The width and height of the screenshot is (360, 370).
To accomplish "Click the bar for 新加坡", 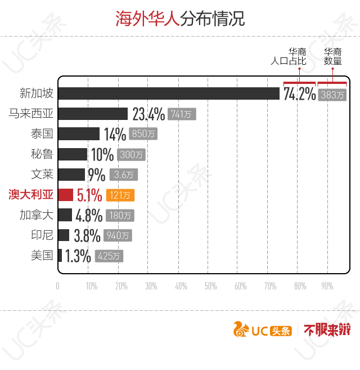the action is click(x=169, y=93).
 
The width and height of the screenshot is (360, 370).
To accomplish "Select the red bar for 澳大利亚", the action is click(x=66, y=195).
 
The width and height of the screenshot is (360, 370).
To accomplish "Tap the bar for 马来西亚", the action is click(x=93, y=114).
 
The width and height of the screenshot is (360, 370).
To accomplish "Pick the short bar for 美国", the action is click(x=60, y=256).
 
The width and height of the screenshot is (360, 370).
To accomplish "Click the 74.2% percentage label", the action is click(x=299, y=93).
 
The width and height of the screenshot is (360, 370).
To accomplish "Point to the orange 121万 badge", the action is click(x=120, y=195).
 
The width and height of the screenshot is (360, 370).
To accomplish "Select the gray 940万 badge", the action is click(x=118, y=235).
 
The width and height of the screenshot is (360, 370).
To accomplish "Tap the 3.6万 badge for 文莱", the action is click(x=124, y=175).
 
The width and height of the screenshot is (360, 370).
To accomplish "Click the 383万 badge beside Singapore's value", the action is click(x=332, y=95).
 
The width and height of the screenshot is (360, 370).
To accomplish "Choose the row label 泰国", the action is click(x=42, y=133).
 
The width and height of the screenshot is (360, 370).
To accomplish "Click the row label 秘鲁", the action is click(x=42, y=154).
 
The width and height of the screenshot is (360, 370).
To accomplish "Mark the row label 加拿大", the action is click(x=37, y=215).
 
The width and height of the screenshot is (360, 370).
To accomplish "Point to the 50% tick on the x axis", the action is click(x=210, y=286).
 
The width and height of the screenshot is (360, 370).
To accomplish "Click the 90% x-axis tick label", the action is click(x=327, y=286).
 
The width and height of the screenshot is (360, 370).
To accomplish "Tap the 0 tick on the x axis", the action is click(x=57, y=286).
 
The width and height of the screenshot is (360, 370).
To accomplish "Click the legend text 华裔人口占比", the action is click(x=289, y=56).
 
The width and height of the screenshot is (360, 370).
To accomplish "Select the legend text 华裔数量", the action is click(x=332, y=56).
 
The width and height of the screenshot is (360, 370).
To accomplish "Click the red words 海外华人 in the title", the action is click(x=147, y=19).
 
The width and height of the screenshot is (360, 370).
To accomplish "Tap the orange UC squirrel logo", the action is click(x=241, y=329).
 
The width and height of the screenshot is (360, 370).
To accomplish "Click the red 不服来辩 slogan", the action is click(x=327, y=329).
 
